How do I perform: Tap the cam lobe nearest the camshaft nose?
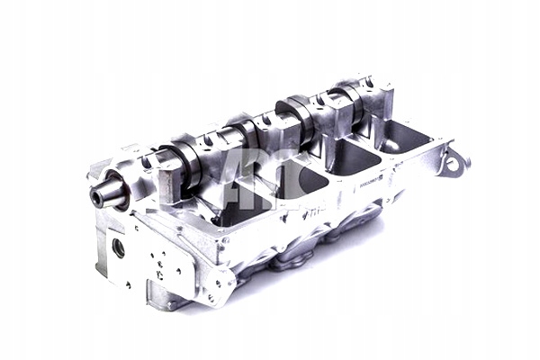coord(180,157)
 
